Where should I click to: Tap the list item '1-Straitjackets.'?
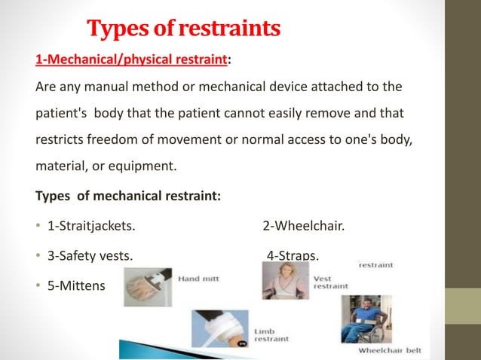click(92, 226)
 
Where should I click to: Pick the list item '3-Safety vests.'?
click(90, 256)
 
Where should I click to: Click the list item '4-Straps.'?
click(293, 256)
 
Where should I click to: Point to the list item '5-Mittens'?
click(76, 286)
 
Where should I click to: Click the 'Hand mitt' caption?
click(198, 279)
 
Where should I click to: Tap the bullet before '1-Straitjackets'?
click(38, 226)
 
